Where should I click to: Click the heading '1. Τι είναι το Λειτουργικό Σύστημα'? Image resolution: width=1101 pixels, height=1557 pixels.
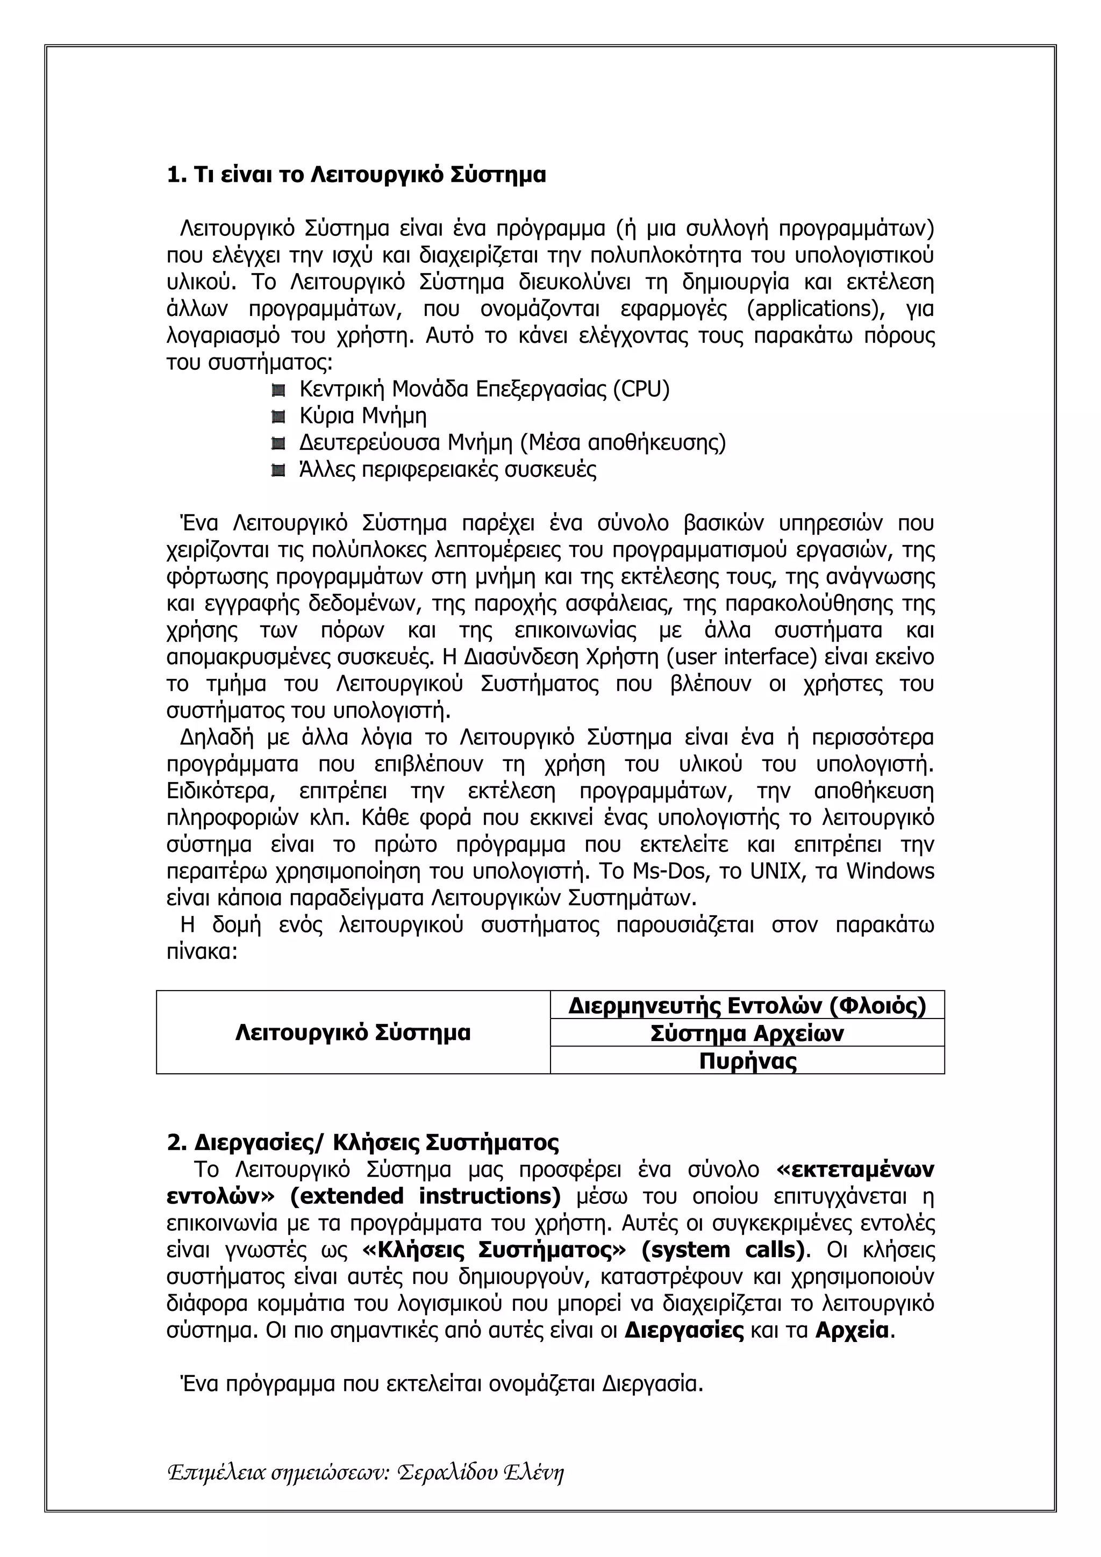click(355, 175)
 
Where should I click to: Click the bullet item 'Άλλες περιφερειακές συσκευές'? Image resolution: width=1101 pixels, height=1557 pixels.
click(448, 469)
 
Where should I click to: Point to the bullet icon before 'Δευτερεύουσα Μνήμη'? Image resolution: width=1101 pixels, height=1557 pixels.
click(277, 443)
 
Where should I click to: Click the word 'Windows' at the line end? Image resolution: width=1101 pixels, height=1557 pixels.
click(890, 871)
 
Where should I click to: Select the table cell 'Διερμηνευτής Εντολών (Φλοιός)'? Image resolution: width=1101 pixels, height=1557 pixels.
click(747, 1005)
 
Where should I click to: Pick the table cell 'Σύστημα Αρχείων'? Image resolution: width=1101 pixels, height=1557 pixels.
click(747, 1034)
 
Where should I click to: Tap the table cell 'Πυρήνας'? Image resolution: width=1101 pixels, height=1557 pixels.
click(747, 1060)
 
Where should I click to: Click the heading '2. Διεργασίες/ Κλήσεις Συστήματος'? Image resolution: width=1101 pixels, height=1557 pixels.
click(363, 1143)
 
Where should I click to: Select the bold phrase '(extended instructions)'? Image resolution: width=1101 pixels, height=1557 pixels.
click(425, 1196)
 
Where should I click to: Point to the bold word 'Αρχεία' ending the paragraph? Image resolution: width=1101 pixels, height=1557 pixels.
click(852, 1331)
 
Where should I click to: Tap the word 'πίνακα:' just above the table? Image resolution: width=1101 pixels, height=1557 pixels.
click(202, 951)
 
